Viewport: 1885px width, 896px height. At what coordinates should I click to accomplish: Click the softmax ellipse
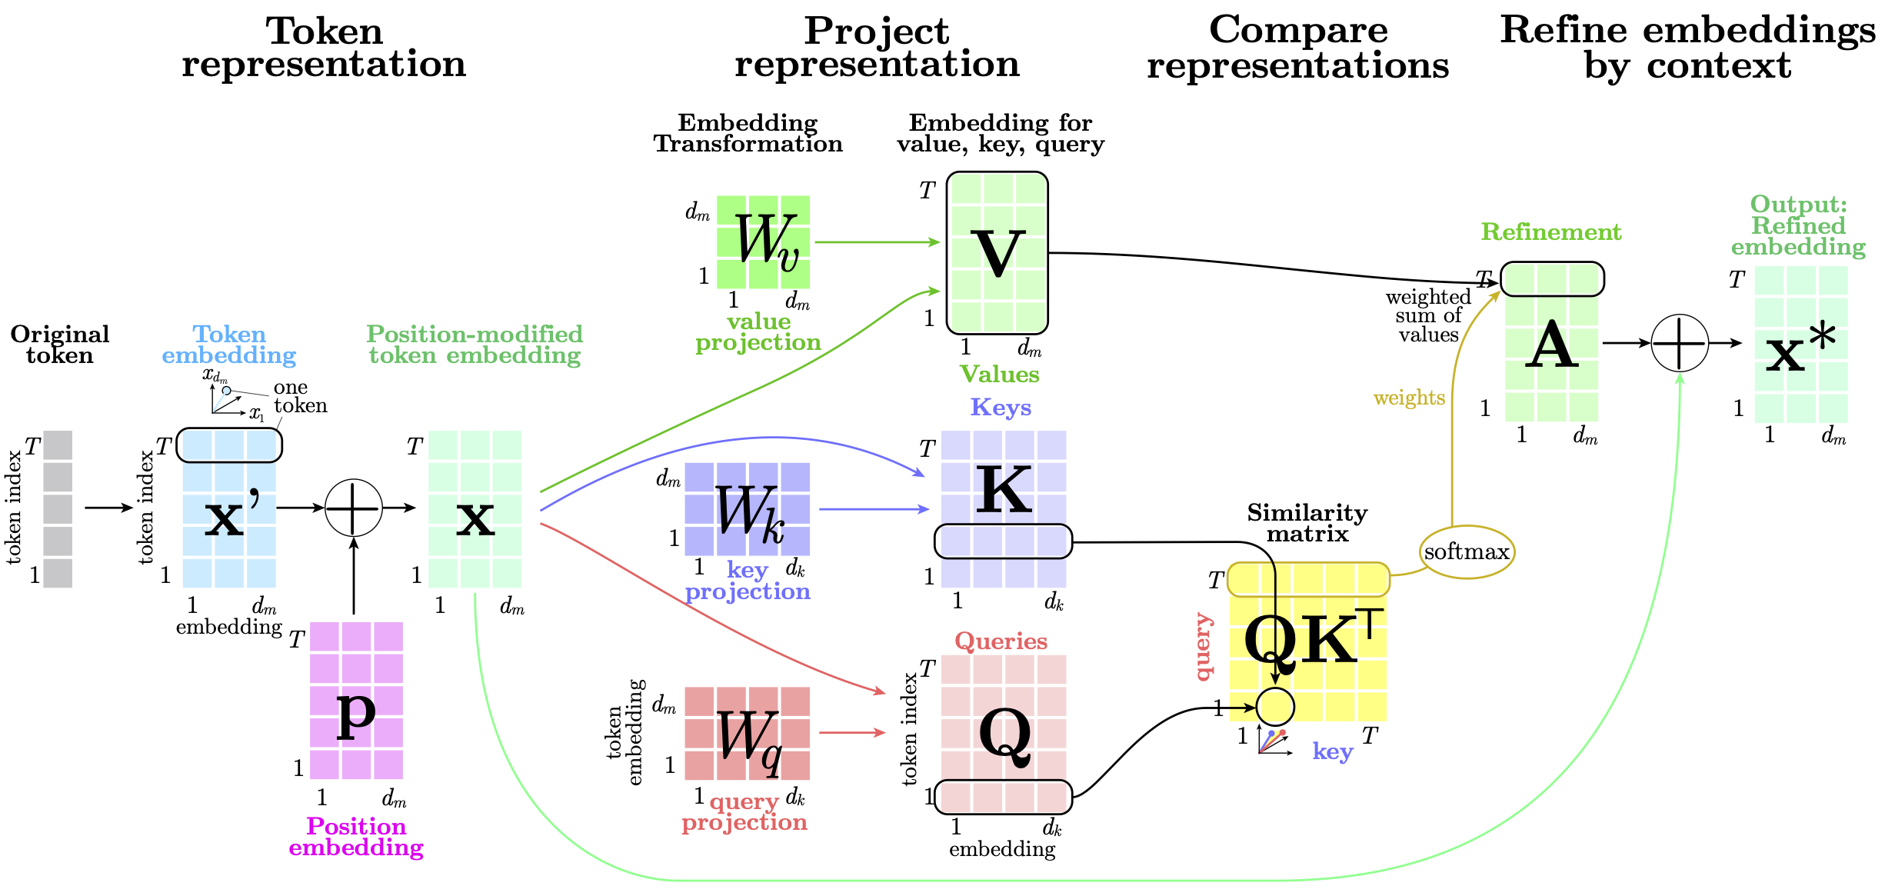[x=1467, y=551]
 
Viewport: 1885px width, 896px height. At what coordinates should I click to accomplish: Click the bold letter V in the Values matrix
[x=997, y=253]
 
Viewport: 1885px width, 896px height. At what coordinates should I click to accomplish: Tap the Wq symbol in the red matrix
[x=749, y=739]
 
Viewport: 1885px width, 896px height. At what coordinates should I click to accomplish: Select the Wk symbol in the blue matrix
[x=749, y=511]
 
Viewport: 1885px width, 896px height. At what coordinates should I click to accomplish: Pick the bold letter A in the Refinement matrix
[x=1551, y=345]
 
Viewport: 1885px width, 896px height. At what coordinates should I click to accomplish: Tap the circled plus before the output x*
[x=1680, y=343]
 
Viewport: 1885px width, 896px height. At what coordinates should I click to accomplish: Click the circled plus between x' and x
[x=353, y=508]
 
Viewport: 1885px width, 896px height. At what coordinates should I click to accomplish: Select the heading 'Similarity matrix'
[x=1307, y=523]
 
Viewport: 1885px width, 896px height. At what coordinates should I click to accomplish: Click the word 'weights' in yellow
[x=1409, y=398]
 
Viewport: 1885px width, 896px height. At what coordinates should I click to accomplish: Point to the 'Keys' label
[x=1001, y=407]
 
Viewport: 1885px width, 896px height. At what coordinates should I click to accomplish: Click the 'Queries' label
[x=1001, y=641]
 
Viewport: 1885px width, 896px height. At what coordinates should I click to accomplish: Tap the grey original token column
[x=58, y=509]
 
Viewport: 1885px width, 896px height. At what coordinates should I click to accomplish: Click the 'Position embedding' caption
[x=356, y=836]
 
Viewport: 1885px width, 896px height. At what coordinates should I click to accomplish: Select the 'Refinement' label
[x=1551, y=231]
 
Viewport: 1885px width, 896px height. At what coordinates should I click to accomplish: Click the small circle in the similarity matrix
[x=1275, y=706]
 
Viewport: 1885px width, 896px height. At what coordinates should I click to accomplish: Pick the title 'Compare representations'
[x=1298, y=48]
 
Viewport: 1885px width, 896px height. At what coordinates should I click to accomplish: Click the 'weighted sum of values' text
[x=1428, y=315]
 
